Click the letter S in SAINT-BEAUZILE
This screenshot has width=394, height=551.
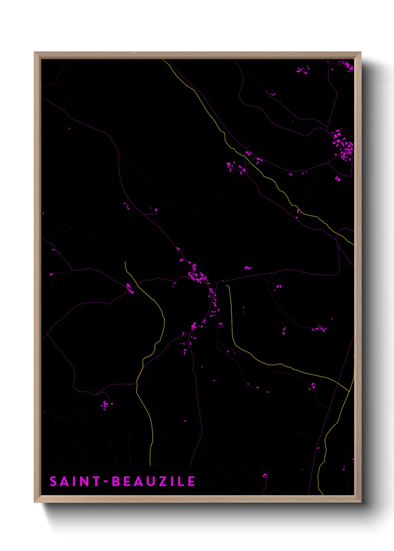[x=53, y=481]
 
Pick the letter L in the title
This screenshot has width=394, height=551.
[x=181, y=481]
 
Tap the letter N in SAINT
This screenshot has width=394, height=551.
[x=84, y=481]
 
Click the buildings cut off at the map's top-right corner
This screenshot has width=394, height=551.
[x=349, y=66]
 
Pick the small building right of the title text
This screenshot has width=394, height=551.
[x=265, y=475]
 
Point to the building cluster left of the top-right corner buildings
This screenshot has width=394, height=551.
[x=303, y=70]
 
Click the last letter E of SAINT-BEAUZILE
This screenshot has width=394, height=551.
[x=191, y=481]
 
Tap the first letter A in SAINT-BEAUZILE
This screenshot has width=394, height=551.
[x=64, y=481]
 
